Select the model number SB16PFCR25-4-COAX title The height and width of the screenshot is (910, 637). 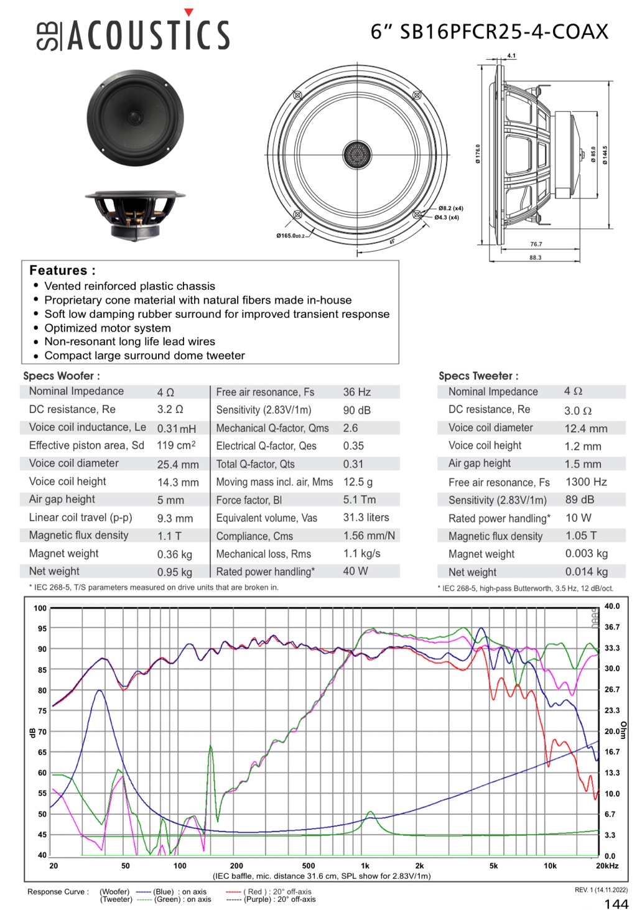(x=489, y=32)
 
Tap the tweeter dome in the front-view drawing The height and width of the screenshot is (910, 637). (x=357, y=154)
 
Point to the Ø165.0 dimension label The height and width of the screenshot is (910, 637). (x=291, y=236)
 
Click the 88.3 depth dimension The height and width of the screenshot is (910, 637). (x=535, y=258)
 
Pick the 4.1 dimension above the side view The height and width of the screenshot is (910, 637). (x=511, y=56)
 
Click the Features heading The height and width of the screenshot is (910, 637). (x=62, y=271)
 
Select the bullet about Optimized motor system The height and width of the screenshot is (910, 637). (x=108, y=328)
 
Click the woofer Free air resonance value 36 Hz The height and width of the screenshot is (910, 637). (x=356, y=392)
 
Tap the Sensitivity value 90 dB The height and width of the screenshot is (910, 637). (x=356, y=411)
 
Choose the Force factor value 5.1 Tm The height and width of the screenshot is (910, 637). (x=359, y=499)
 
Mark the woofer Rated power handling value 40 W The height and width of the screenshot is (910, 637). (x=355, y=571)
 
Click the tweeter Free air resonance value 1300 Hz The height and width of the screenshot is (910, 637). (x=586, y=482)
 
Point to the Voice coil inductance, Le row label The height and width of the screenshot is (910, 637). (x=87, y=427)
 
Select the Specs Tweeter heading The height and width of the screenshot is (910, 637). (x=478, y=376)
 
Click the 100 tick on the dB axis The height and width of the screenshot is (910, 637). (x=40, y=608)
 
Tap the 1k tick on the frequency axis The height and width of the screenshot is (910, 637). (x=365, y=866)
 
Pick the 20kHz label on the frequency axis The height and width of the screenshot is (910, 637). (x=607, y=866)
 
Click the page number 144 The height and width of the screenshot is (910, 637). (x=616, y=904)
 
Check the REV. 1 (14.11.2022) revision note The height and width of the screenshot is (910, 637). (x=601, y=890)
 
